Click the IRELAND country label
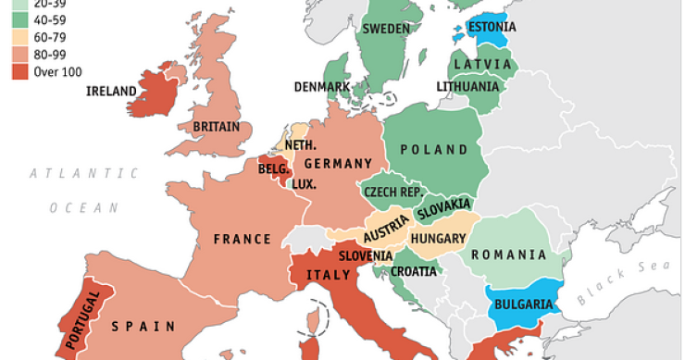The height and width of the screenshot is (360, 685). [111, 91]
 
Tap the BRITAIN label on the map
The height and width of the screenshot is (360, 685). [216, 127]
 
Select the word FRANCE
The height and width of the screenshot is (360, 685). [243, 240]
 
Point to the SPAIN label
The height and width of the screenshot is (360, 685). [143, 326]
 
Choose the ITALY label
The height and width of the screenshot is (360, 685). [329, 275]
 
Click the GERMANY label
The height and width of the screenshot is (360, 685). [337, 164]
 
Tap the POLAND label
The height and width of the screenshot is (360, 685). [434, 150]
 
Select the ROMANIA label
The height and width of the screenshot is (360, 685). [510, 255]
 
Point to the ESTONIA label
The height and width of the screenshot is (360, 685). [491, 27]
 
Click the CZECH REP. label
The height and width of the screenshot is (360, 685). [392, 192]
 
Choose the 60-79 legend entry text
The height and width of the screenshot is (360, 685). [51, 38]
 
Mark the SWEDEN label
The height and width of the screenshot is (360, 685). [385, 29]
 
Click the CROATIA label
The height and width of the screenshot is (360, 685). [414, 271]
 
